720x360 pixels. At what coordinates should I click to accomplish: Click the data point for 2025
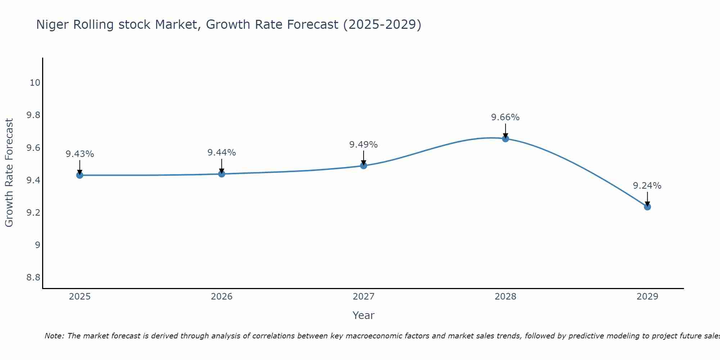pos(80,175)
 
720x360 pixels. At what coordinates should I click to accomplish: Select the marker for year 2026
pos(222,174)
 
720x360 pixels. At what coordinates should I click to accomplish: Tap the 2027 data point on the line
pos(364,166)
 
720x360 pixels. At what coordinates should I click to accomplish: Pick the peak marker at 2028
pos(505,139)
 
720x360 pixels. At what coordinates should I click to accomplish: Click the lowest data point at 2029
pos(647,207)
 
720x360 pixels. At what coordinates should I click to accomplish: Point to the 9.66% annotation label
pos(505,117)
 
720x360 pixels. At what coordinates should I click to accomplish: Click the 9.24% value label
pos(647,186)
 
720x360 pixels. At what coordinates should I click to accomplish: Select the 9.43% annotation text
pos(80,154)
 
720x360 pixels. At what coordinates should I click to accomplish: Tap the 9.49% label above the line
pos(364,145)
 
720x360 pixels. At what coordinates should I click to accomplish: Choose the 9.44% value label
pos(222,153)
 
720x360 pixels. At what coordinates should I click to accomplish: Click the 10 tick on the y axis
pos(35,83)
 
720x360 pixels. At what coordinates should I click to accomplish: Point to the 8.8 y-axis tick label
pos(33,278)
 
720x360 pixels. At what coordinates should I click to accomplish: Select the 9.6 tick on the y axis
pos(33,148)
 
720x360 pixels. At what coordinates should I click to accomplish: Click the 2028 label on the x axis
pos(505,297)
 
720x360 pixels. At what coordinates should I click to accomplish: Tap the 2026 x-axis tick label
pos(222,297)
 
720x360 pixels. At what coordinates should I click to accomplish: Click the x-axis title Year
pos(364,315)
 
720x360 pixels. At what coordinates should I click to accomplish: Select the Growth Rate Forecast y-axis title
pos(9,173)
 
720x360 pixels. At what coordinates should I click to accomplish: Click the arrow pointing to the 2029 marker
pos(647,199)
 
